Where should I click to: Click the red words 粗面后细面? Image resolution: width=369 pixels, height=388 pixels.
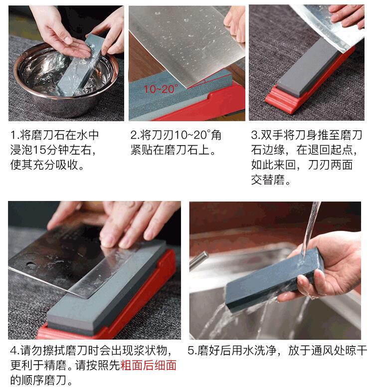pos(148,365)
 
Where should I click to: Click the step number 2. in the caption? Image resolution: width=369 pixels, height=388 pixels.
pos(135,135)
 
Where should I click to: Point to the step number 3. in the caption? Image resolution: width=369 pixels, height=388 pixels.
pos(256,135)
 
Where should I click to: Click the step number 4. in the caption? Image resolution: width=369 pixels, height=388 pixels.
pos(15,351)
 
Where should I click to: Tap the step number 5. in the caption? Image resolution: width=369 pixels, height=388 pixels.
pos(192,351)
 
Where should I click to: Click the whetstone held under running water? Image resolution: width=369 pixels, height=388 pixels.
pos(275,280)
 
